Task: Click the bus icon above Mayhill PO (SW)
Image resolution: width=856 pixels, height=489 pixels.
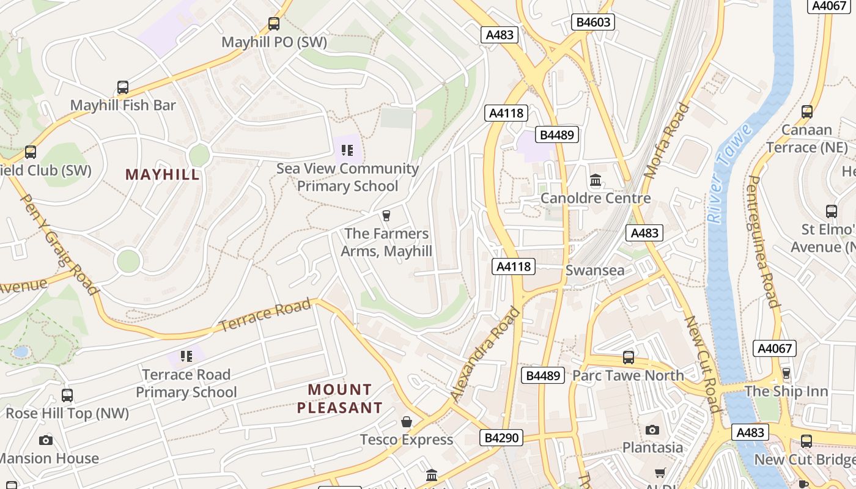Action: (274, 24)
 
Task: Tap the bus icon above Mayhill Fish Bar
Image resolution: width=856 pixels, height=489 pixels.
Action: (123, 87)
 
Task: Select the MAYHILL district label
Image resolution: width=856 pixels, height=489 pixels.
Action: (163, 175)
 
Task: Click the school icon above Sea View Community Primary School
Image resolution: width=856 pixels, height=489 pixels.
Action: (347, 150)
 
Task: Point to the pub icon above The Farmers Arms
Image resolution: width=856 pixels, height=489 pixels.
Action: (386, 216)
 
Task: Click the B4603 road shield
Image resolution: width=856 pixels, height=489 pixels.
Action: (592, 22)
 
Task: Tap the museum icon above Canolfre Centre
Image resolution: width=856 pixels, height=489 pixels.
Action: (596, 180)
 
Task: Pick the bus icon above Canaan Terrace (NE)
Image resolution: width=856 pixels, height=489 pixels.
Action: (807, 112)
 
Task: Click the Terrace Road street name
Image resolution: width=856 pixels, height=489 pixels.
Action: (265, 315)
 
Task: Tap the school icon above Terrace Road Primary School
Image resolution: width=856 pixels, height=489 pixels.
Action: (186, 356)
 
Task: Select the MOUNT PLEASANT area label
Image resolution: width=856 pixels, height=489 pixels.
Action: (340, 399)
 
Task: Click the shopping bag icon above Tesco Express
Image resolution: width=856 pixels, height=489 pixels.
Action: (406, 422)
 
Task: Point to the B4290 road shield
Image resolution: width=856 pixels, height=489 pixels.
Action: (501, 438)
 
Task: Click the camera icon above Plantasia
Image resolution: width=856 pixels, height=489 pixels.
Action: (652, 430)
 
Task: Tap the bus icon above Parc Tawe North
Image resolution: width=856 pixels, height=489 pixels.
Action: (628, 358)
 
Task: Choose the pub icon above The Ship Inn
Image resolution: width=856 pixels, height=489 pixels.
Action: (786, 373)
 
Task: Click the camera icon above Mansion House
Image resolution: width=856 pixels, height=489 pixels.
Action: (46, 440)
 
